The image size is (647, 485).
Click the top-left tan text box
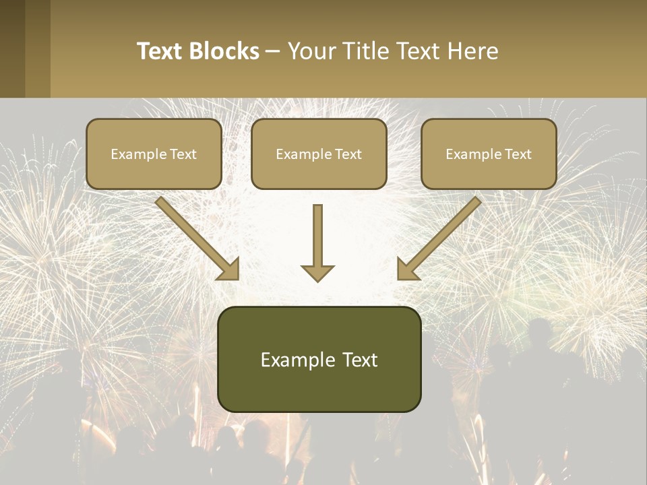154,154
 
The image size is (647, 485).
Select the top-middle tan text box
319,154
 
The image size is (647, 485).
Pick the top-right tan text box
489,154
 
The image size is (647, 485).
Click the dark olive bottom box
319,359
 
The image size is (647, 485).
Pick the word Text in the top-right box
518,154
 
